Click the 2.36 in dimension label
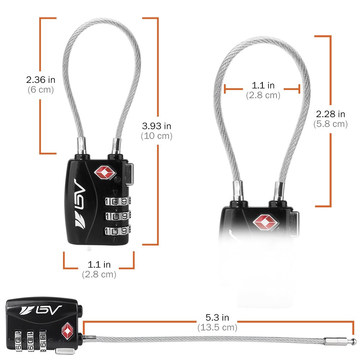(41, 80)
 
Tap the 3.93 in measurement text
(157, 126)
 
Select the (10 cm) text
(157, 136)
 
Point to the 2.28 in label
(330, 114)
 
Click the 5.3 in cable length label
(217, 318)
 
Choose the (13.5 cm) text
(217, 327)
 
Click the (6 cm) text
(41, 90)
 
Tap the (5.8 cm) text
(330, 124)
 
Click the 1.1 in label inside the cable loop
(263, 85)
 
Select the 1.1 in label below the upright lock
(99, 265)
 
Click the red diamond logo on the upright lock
(105, 173)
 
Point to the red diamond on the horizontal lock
(68, 331)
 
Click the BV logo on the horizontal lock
(41, 310)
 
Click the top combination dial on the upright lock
(118, 201)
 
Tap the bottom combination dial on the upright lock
(118, 231)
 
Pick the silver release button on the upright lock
(129, 174)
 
